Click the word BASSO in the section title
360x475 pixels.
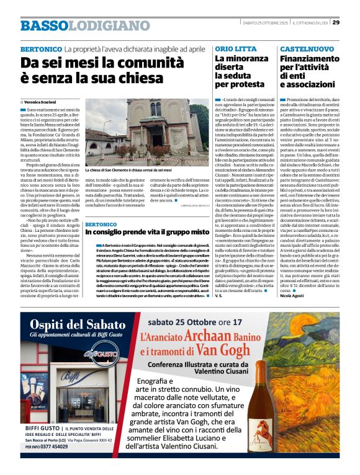pos(43,25)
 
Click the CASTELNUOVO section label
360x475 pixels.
pos(306,48)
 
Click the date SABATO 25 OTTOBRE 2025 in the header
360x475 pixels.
pos(264,23)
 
